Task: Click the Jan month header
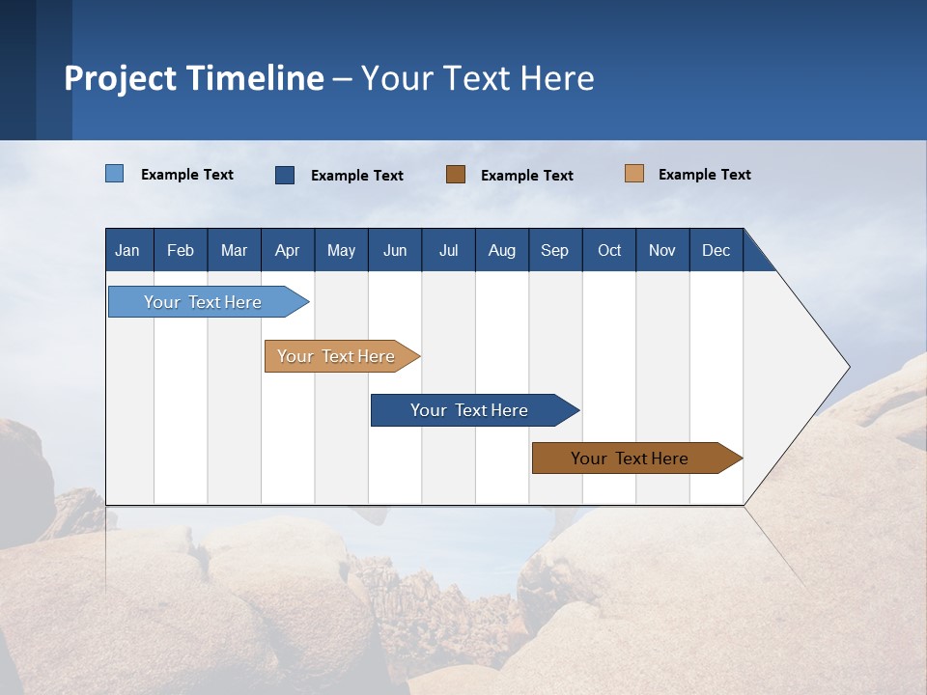(x=127, y=250)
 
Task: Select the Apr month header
(x=288, y=250)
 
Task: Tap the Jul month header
(x=448, y=250)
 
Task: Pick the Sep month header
(x=554, y=250)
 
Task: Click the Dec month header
(x=716, y=250)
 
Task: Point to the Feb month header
(x=181, y=250)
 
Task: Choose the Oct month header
(x=609, y=250)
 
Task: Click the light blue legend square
(x=115, y=174)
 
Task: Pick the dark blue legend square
(x=285, y=175)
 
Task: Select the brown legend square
(x=456, y=175)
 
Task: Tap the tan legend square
(x=633, y=174)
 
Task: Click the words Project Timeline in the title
(x=194, y=78)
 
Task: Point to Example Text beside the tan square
(x=704, y=175)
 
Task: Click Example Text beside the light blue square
(x=187, y=175)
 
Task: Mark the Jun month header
(x=395, y=250)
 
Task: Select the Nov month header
(x=662, y=250)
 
